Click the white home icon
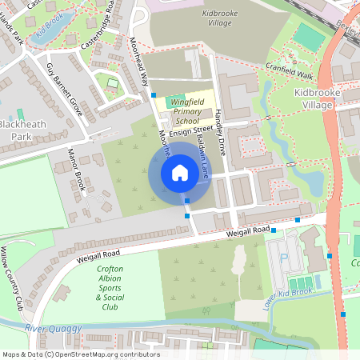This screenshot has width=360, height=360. [x=179, y=173]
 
